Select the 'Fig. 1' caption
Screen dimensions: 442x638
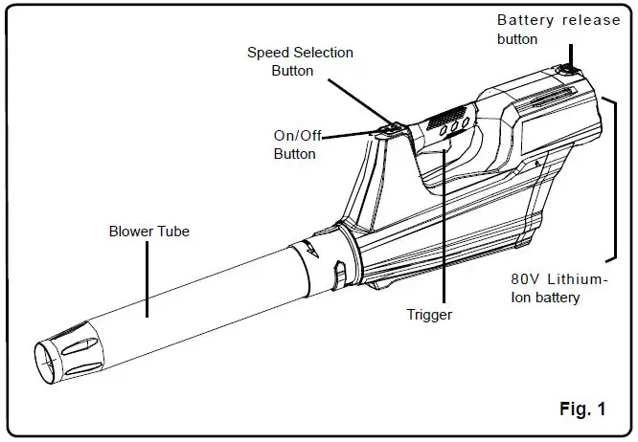pos(581,409)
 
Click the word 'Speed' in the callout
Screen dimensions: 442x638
pos(270,52)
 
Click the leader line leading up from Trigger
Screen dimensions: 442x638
pos(444,239)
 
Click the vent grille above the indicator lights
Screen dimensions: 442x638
pos(442,118)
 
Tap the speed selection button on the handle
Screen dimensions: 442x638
pos(390,125)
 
